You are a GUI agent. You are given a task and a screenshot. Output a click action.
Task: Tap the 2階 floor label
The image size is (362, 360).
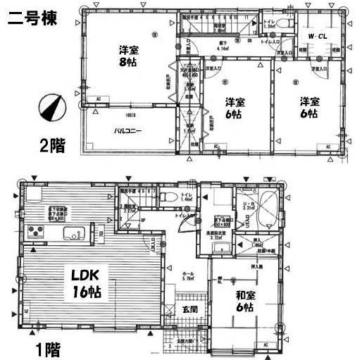tap(52, 147)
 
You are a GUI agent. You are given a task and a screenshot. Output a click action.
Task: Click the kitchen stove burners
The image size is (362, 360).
tap(35, 233)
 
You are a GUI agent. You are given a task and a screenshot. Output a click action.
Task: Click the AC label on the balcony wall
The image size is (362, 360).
tap(98, 98)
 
